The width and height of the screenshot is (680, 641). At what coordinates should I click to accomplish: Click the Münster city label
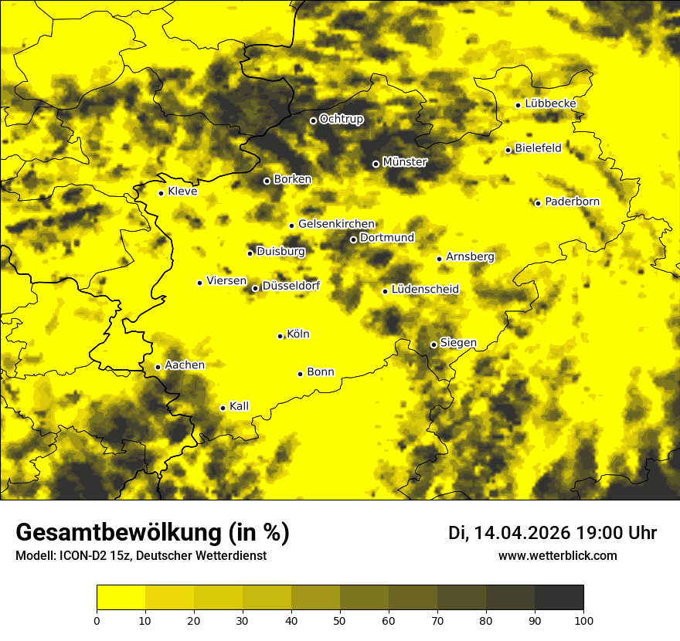(x=404, y=162)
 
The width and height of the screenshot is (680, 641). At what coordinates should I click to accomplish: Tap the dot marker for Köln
(x=280, y=336)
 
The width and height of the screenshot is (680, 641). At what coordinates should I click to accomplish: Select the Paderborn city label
(x=572, y=202)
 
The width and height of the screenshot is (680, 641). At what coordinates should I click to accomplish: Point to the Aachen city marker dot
(x=158, y=367)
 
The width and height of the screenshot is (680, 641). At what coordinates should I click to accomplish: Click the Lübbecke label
(x=550, y=103)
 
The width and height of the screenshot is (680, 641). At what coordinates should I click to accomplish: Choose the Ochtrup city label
(x=341, y=119)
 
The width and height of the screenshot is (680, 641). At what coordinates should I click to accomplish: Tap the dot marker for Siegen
(x=433, y=344)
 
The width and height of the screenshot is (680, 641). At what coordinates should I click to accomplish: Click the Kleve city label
(x=182, y=192)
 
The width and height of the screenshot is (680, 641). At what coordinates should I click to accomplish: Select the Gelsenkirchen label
(x=336, y=224)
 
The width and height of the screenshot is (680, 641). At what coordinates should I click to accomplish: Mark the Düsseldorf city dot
(x=255, y=288)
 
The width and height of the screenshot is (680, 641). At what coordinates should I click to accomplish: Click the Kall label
(x=239, y=406)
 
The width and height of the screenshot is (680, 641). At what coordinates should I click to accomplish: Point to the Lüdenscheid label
(x=425, y=290)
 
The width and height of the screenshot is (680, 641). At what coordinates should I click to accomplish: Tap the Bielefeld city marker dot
(x=508, y=150)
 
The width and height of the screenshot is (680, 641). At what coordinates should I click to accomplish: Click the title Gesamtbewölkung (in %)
(x=152, y=533)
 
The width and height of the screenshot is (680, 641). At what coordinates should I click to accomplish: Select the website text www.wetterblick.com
(x=557, y=555)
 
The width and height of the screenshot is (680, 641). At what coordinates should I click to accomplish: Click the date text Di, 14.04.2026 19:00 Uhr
(x=552, y=533)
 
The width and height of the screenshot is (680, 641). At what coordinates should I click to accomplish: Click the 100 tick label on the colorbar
(x=583, y=619)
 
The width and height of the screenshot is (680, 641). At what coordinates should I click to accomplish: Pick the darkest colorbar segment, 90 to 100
(x=559, y=598)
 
